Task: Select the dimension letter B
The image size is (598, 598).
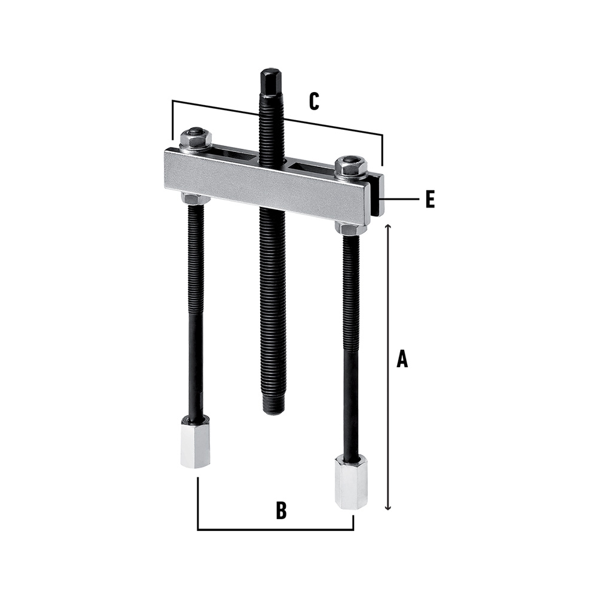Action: pos(281,511)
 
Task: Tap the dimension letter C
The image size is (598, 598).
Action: pos(314,102)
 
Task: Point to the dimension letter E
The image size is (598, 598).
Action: pos(430,199)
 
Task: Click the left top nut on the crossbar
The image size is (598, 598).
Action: pos(195,140)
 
